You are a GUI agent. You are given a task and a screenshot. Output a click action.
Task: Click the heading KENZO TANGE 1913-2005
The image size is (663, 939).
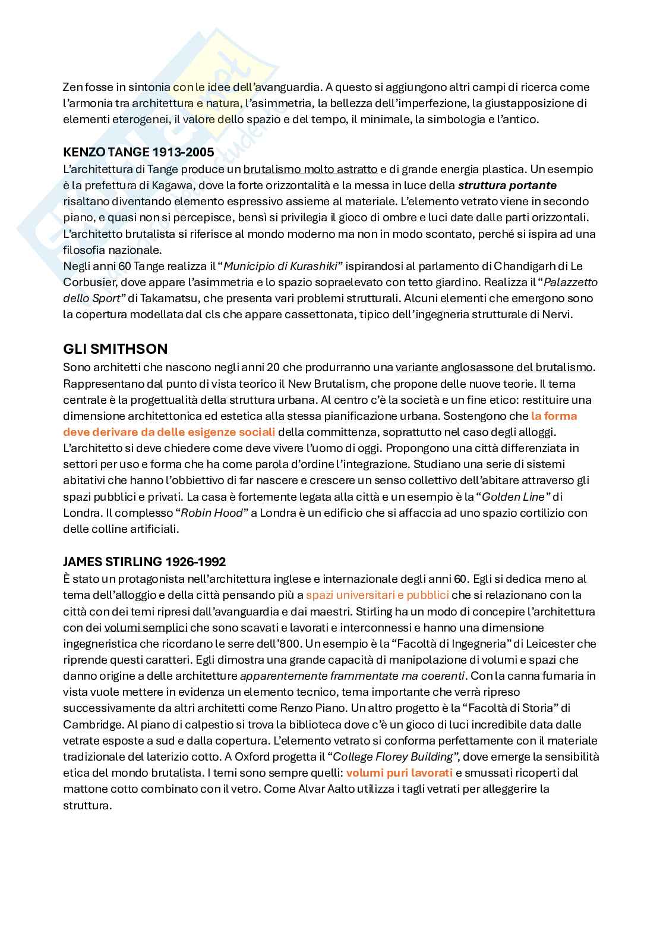pos(138,152)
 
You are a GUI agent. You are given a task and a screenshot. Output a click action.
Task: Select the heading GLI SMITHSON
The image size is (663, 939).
pos(115,348)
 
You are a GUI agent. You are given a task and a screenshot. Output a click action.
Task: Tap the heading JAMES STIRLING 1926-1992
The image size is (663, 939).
pos(144,561)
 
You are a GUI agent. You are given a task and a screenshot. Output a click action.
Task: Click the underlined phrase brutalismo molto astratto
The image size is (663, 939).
pos(310,169)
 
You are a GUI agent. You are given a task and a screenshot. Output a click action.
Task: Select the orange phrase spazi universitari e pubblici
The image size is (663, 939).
pos(377,595)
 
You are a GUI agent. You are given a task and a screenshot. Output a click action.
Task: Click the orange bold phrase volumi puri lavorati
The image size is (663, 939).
pos(399,773)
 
